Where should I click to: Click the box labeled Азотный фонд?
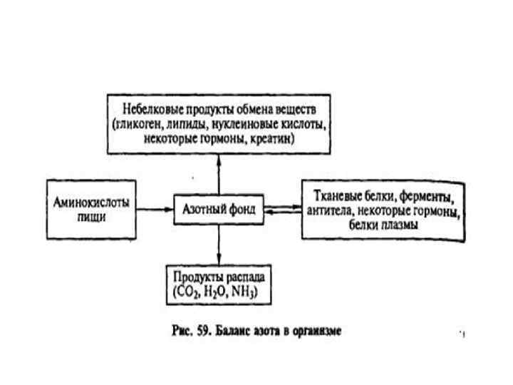[218, 210]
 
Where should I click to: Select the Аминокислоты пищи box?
[92, 209]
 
